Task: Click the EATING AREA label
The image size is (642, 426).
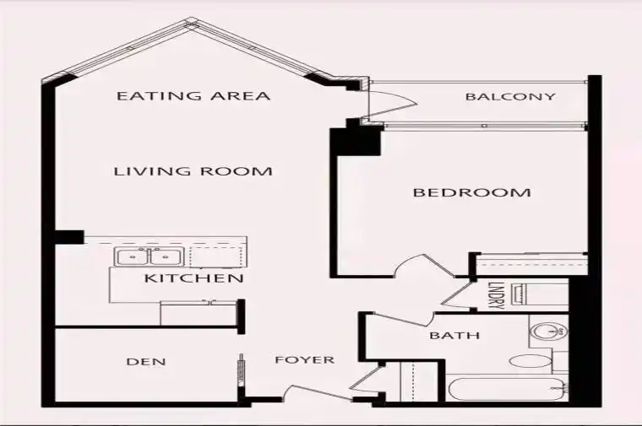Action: (193, 95)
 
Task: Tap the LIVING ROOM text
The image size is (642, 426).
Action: (193, 171)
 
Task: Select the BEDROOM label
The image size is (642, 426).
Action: (471, 192)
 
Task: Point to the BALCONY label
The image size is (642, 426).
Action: (510, 96)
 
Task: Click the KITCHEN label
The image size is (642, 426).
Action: (194, 278)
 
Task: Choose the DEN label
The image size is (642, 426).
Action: (146, 362)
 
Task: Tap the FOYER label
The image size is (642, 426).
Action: (305, 359)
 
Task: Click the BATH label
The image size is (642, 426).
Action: (454, 336)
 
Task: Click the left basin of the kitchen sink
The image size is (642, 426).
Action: (132, 257)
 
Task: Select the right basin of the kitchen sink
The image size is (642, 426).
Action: (164, 257)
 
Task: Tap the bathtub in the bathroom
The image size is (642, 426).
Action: (507, 390)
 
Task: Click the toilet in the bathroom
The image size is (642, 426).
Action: (530, 361)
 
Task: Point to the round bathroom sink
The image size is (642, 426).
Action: (548, 331)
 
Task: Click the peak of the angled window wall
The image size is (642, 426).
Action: (191, 20)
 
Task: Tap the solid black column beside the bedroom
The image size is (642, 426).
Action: (356, 142)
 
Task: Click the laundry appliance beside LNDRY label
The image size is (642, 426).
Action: (540, 294)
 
